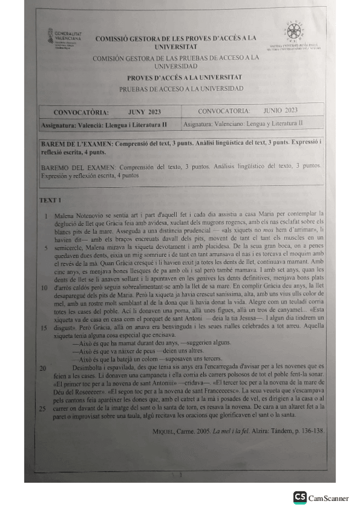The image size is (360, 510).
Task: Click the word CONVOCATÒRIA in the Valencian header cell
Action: tap(81, 112)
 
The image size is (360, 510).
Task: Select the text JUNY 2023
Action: tap(144, 112)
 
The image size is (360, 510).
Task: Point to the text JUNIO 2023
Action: tap(280, 111)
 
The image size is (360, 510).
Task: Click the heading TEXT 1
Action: tap(50, 200)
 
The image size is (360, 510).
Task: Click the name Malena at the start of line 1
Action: tap(64, 214)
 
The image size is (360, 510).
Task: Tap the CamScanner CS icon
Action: tap(299, 497)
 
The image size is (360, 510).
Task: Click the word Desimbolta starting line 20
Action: tap(88, 367)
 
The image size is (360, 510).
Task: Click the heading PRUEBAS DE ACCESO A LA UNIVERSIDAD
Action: tap(181, 88)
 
